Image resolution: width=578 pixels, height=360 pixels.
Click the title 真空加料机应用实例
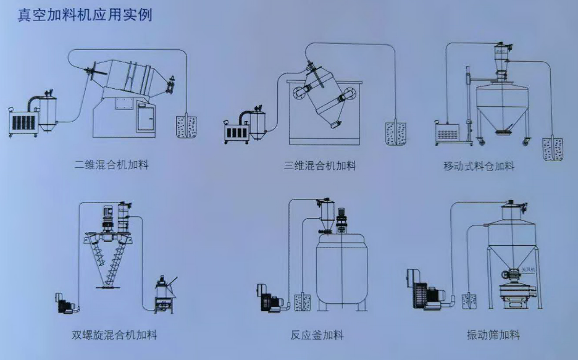(x=85, y=14)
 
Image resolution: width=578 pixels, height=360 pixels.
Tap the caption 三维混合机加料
(x=320, y=165)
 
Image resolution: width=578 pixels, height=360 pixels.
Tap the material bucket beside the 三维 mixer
(x=396, y=132)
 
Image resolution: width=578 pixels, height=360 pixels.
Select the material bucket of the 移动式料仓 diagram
(x=553, y=148)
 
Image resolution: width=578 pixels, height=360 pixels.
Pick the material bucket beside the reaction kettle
(x=303, y=303)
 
